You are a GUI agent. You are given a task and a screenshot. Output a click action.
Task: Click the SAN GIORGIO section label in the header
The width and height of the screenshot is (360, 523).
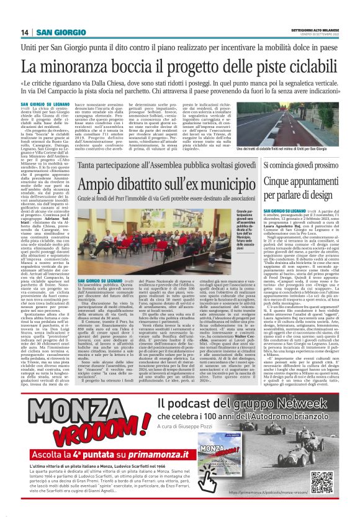point(60,32)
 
